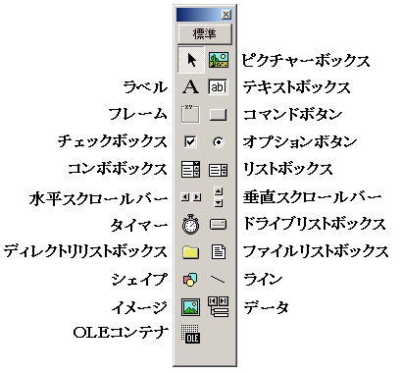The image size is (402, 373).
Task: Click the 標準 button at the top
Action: point(204,33)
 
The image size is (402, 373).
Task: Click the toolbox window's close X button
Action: point(226,14)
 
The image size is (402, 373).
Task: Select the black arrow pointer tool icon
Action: point(191,60)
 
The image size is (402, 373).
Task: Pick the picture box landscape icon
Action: point(218,60)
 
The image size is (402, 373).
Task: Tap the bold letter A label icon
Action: point(191,87)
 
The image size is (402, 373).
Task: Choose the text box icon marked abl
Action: point(218,87)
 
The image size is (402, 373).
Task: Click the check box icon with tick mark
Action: point(191,141)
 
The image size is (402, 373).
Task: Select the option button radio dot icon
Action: point(218,141)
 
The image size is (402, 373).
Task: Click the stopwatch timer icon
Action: point(191,224)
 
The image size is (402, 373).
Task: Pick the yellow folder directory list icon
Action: point(191,252)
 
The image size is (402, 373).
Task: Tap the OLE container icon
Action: point(191,335)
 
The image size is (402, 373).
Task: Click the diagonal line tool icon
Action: point(218,280)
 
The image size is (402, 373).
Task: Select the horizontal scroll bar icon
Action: point(191,196)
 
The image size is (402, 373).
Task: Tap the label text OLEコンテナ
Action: point(121,335)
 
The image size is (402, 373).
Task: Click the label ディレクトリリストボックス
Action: point(86,252)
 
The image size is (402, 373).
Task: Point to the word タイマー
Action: point(142,225)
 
